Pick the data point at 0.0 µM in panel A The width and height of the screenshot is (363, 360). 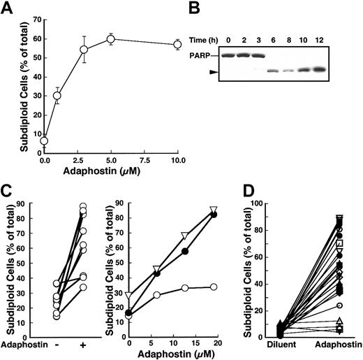[44, 141]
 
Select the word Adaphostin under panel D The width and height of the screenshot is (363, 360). [339, 346]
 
